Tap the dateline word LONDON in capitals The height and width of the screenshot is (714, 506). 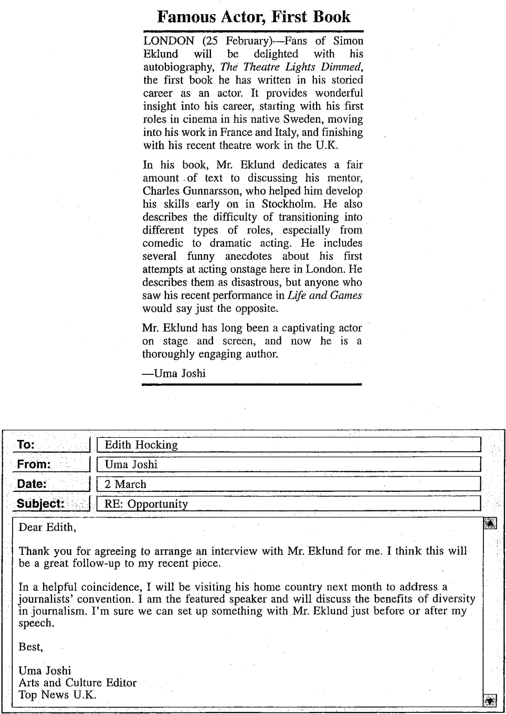click(168, 41)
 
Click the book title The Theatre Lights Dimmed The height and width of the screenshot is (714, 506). click(290, 67)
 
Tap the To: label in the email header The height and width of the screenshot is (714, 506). click(26, 445)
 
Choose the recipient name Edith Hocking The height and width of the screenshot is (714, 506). click(141, 445)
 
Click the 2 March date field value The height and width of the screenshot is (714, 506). click(125, 484)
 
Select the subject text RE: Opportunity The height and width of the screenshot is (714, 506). click(146, 504)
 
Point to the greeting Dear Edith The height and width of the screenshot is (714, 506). click(47, 528)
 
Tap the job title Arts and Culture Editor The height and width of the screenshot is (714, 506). click(78, 683)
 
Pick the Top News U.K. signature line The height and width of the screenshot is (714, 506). click(58, 695)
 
